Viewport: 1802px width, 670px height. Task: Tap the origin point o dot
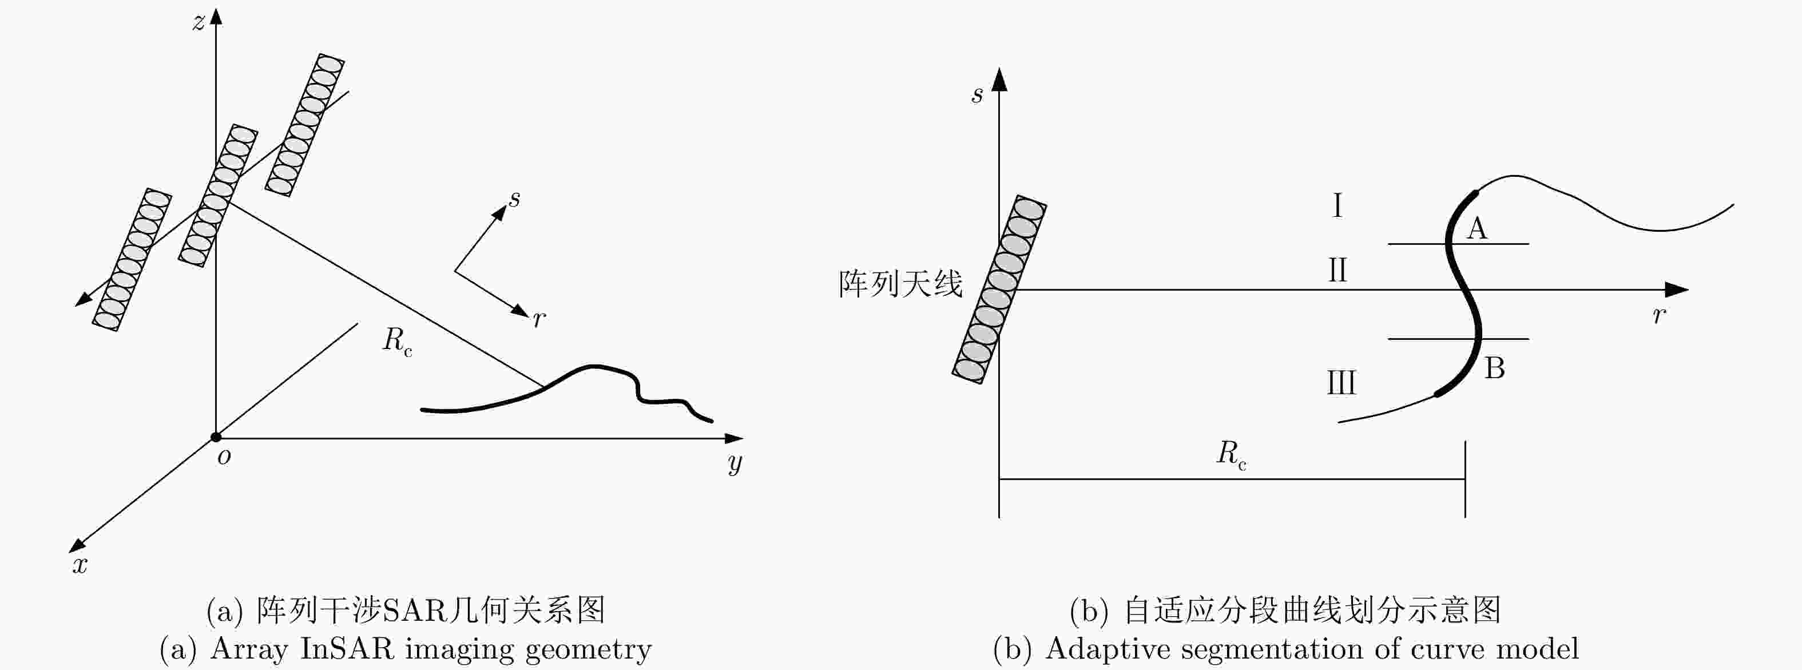point(216,438)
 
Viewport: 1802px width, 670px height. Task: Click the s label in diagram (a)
point(514,199)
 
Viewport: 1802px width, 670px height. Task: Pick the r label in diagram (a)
point(539,319)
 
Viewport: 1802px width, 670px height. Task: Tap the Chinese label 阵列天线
point(901,284)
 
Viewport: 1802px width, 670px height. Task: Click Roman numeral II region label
point(1337,270)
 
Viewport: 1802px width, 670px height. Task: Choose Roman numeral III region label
point(1341,383)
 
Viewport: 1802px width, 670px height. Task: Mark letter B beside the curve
point(1495,368)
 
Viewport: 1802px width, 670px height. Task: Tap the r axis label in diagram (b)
point(1658,315)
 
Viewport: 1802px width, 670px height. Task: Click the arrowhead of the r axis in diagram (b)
point(1677,290)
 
